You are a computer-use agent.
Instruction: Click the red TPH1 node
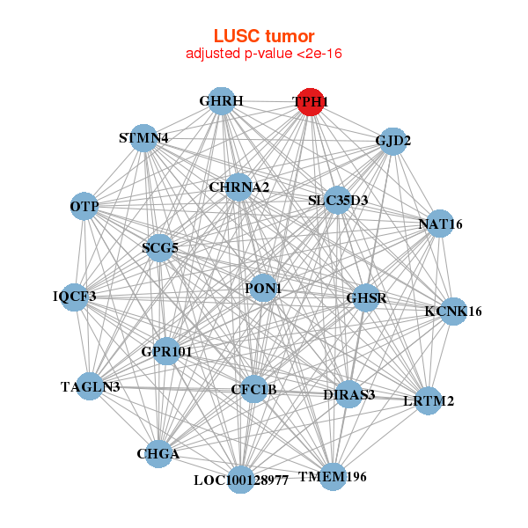coord(310,102)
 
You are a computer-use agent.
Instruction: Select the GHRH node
coord(222,102)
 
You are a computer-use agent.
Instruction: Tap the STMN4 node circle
coord(144,138)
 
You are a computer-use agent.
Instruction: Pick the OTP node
coord(84,206)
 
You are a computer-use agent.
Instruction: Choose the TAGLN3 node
coord(90,386)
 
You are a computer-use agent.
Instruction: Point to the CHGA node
coord(158,454)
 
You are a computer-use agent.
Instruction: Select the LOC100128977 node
coord(240,480)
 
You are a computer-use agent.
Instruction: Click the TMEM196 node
coord(333,476)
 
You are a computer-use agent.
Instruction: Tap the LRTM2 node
coord(428,401)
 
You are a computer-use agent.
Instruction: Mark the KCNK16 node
coord(452,311)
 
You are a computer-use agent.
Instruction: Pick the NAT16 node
coord(439,224)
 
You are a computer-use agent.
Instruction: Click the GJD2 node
coord(392,141)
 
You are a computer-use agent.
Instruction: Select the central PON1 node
coord(263,288)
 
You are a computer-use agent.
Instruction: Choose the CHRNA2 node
coord(238,187)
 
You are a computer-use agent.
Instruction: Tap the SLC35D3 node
coord(338,201)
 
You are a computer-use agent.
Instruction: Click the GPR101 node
coord(166,351)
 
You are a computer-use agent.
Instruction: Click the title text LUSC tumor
coord(264,36)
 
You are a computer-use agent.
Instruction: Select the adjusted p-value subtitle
coord(264,54)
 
